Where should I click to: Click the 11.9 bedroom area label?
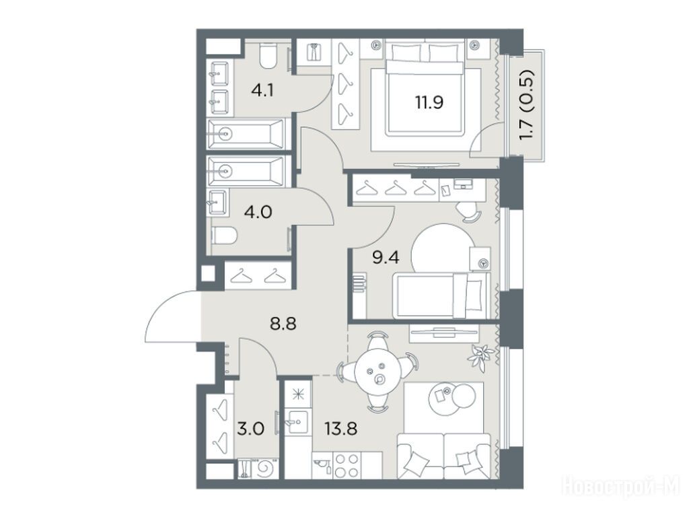pos(429,102)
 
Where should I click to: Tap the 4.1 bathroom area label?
pos(262,91)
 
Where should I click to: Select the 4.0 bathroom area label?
pos(258,212)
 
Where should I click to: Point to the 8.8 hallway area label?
pos(283,324)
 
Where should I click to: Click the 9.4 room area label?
pos(386,258)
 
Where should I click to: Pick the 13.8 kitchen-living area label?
pos(340,427)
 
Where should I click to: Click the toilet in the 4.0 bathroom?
pos(224,236)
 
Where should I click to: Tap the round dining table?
pos(377,372)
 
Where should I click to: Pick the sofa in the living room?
pos(443,456)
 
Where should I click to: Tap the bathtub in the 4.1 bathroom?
pos(246,133)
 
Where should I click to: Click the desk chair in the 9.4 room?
pos(468,211)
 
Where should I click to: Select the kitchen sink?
pos(297,421)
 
